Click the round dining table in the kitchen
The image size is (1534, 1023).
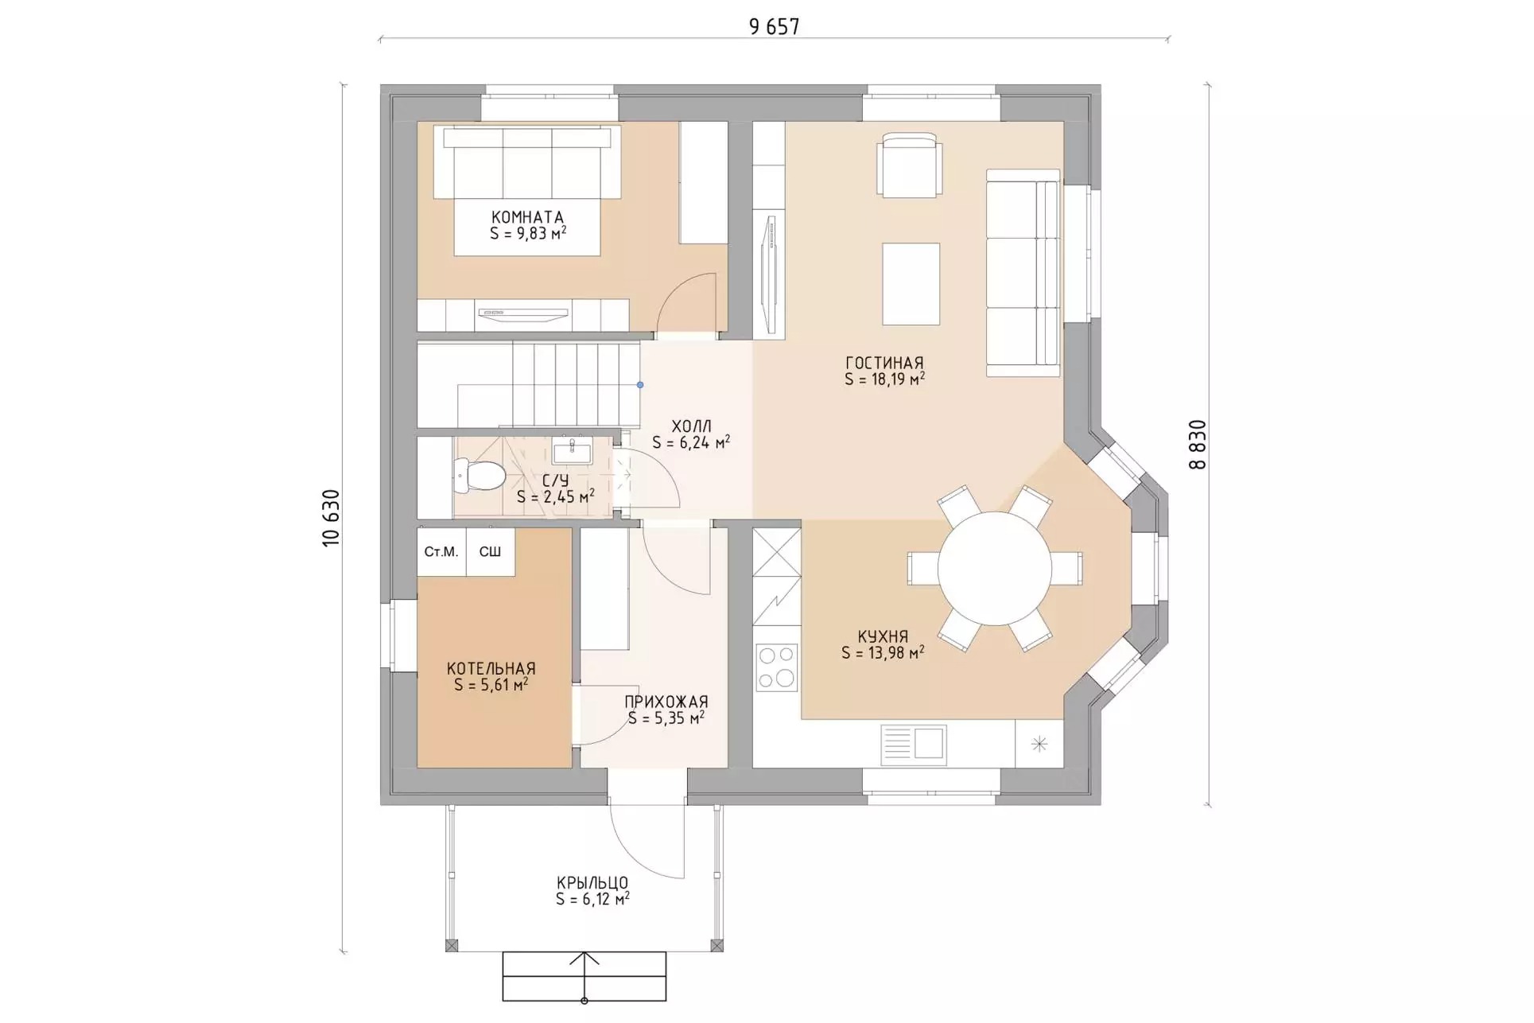click(995, 569)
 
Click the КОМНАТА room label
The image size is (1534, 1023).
click(527, 217)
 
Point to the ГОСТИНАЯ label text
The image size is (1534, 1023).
click(884, 364)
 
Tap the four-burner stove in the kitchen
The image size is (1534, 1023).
click(776, 667)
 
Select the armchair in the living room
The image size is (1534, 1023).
click(910, 165)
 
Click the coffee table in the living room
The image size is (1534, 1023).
click(911, 284)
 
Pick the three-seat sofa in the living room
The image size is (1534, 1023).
click(1023, 272)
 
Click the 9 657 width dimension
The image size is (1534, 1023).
click(774, 27)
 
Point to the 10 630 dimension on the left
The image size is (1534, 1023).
click(332, 518)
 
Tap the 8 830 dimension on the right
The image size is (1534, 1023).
click(1198, 445)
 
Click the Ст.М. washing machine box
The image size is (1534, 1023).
click(441, 552)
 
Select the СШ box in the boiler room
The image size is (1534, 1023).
click(491, 552)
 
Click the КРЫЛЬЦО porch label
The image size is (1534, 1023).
click(592, 883)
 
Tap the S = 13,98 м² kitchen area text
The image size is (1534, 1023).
click(883, 653)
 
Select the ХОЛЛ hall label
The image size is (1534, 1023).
click(691, 427)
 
